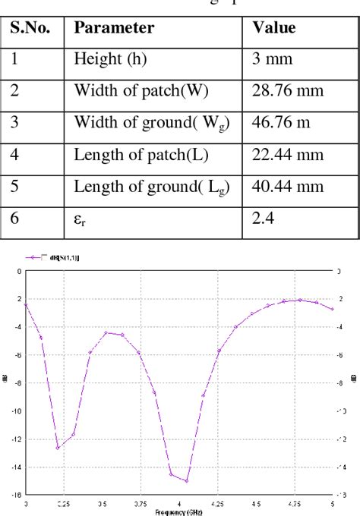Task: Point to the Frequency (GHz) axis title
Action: click(179, 512)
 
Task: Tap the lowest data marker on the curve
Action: click(187, 480)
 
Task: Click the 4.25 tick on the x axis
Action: click(217, 502)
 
